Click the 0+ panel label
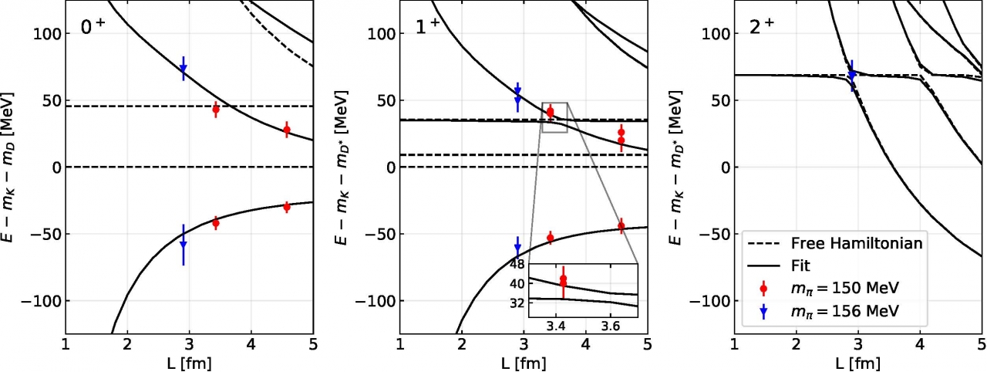click(94, 28)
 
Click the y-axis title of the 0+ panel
click(13, 167)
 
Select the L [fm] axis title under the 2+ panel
click(857, 361)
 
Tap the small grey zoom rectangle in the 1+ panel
click(554, 117)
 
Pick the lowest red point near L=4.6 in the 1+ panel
click(622, 225)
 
